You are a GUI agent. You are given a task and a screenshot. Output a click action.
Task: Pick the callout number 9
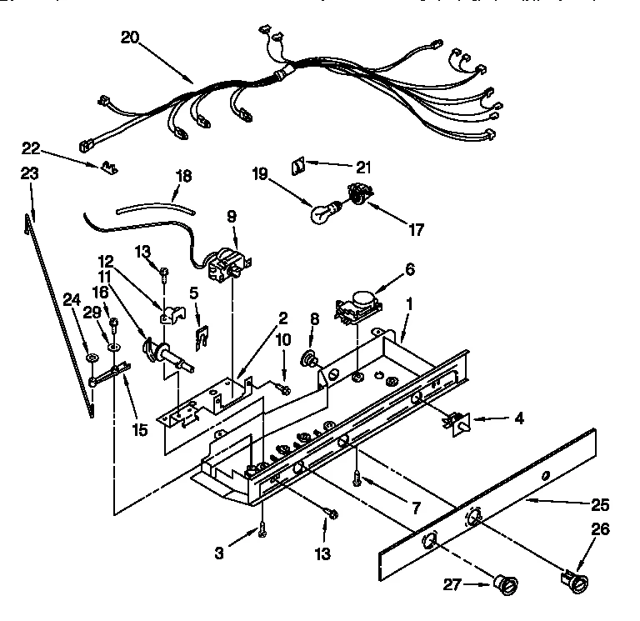pyautogui.click(x=232, y=215)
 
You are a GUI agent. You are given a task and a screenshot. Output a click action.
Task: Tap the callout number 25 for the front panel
pyautogui.click(x=600, y=504)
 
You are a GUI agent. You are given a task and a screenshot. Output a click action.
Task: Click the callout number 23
pyautogui.click(x=30, y=174)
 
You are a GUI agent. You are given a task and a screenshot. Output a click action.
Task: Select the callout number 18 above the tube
pyautogui.click(x=183, y=176)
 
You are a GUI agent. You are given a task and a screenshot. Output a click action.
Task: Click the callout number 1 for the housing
pyautogui.click(x=407, y=306)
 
